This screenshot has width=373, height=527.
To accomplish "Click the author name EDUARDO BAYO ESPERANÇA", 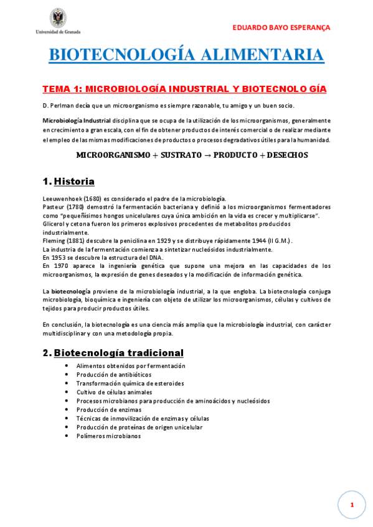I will coord(281,28).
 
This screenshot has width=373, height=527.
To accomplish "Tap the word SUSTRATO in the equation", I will coord(179,155).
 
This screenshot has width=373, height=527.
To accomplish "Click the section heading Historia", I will coord(74,182).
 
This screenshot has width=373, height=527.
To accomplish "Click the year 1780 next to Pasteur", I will coord(76,206).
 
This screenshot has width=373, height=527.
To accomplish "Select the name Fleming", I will coord(54,241).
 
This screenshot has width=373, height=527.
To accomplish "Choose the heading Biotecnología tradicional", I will coord(118,353).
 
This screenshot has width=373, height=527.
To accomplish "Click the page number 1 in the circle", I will coord(352,505).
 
